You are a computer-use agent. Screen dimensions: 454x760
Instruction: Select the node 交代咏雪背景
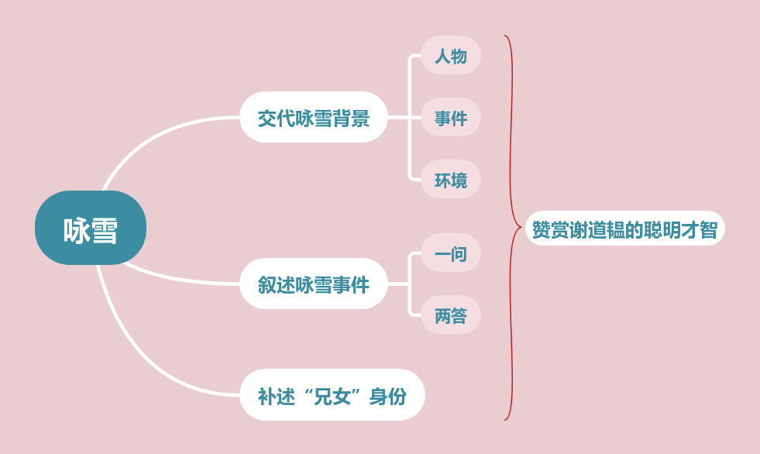tap(313, 118)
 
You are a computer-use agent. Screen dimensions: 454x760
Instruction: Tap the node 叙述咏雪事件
tap(313, 284)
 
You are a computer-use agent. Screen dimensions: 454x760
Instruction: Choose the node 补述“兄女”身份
tap(332, 395)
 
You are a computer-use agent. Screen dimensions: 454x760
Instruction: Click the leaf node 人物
tap(450, 56)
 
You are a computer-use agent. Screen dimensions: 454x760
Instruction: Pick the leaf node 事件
tap(450, 118)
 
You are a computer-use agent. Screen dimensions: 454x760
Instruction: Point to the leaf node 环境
tap(450, 180)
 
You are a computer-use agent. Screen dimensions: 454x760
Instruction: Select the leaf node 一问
tap(450, 253)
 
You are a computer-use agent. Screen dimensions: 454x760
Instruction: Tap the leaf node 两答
tap(450, 315)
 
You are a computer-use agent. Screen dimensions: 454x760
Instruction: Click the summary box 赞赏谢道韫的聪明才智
tap(624, 229)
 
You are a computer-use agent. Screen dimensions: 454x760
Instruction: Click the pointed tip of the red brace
tap(521, 228)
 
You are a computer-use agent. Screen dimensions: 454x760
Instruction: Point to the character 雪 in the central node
tap(105, 231)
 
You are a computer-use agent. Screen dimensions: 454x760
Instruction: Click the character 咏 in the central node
tap(77, 231)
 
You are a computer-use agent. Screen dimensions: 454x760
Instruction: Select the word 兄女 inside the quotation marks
tap(332, 396)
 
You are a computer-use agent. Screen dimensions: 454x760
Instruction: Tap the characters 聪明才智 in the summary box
tap(680, 230)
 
